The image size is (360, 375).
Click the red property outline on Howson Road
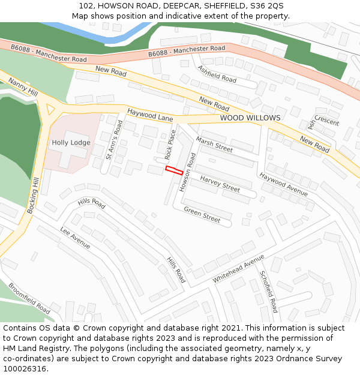point(174,170)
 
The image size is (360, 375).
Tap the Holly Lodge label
point(71,143)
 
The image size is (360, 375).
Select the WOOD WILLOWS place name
point(250,118)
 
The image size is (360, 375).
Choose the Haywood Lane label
point(150,115)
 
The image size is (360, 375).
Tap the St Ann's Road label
point(113,139)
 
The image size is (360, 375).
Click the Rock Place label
point(170,145)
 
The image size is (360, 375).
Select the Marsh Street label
point(214,144)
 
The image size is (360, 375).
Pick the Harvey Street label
point(220,184)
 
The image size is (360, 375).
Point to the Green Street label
point(202,214)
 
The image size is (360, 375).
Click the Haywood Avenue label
point(283,184)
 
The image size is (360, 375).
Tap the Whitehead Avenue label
point(238,269)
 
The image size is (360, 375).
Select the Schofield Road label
point(268,292)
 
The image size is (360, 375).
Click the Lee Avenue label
point(76,238)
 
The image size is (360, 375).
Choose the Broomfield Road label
point(29,298)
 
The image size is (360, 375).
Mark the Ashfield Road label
point(217,74)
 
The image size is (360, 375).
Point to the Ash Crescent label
point(322,121)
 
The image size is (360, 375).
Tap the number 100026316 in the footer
point(25,369)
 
